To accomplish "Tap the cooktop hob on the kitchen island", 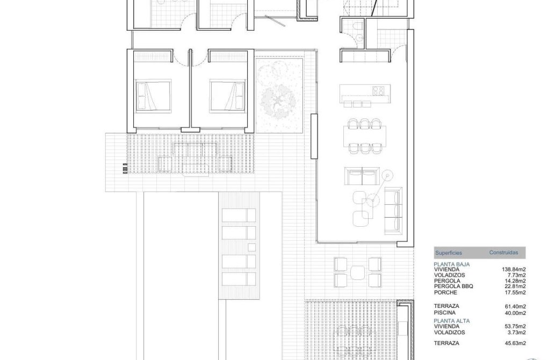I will pos(378,90).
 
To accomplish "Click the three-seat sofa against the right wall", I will pos(395,209).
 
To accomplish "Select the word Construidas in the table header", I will pos(503,251).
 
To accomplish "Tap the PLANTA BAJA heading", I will pos(452,264).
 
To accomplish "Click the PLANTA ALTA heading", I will pos(452,321).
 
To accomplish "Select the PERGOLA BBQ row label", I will pos(453,286).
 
